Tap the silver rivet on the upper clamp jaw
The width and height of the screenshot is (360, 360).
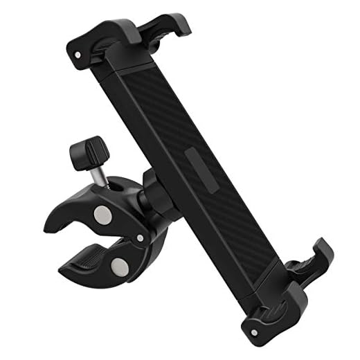coord(105,215)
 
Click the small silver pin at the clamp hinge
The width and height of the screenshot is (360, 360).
coord(141,238)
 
